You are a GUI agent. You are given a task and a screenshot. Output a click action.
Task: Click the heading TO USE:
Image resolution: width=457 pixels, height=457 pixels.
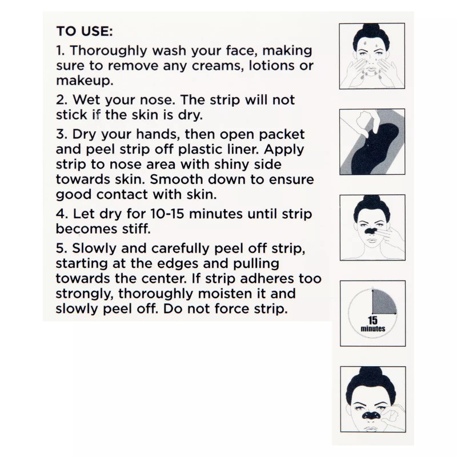[85, 31]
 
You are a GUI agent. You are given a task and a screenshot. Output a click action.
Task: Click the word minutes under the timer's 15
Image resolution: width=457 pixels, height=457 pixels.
[372, 329]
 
